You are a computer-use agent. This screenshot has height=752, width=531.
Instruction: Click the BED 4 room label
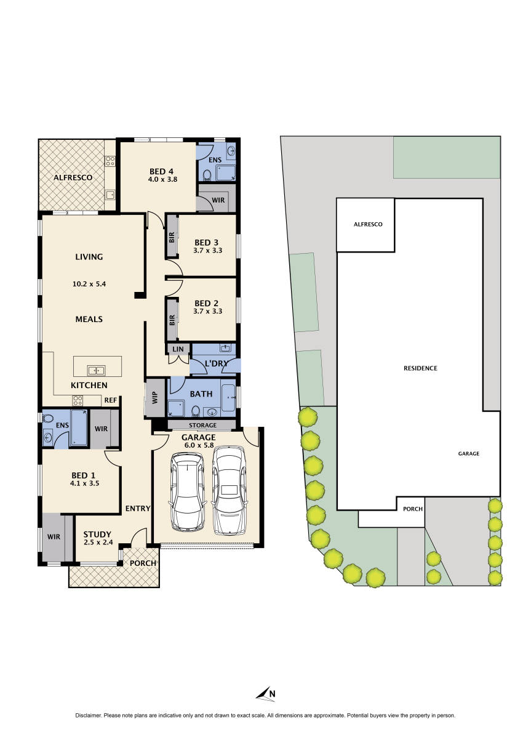(x=162, y=171)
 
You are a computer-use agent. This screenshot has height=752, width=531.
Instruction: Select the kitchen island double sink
(x=96, y=370)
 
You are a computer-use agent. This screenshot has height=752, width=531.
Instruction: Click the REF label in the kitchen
(x=110, y=400)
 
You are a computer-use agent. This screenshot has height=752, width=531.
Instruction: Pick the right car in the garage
(x=229, y=490)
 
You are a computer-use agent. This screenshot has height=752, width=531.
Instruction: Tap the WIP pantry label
(x=154, y=398)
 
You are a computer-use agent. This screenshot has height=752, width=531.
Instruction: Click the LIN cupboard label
(x=178, y=349)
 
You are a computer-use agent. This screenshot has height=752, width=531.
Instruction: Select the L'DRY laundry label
(x=216, y=364)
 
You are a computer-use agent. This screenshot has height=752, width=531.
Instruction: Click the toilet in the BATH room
(x=195, y=411)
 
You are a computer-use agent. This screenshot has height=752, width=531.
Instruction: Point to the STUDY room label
(x=97, y=534)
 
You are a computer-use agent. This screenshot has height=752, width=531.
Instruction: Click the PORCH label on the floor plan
(x=143, y=563)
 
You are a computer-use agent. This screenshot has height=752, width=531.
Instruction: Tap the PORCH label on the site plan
(x=412, y=509)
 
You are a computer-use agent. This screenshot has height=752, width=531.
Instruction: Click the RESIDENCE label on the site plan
(x=420, y=368)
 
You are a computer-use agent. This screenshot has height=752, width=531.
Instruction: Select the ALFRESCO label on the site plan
(x=368, y=224)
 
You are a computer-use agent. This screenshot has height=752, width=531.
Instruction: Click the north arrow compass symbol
(x=265, y=693)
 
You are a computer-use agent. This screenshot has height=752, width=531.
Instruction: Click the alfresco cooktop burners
(x=110, y=161)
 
